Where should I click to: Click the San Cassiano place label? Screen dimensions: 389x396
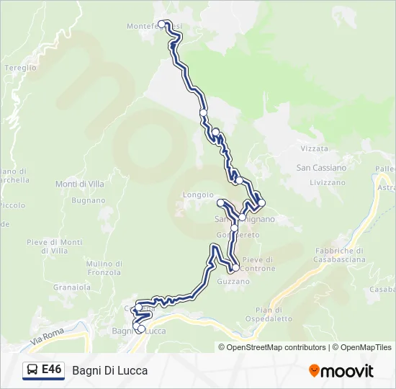[321, 168]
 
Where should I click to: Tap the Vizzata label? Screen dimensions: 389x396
[314, 148]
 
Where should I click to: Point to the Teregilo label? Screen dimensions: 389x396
[20, 68]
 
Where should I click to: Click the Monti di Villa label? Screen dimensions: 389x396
[79, 184]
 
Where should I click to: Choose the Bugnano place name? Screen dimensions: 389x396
[88, 200]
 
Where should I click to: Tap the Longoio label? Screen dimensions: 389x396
[198, 194]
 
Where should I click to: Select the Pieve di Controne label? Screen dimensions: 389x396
[258, 264]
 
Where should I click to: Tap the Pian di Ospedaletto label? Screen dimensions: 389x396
[269, 314]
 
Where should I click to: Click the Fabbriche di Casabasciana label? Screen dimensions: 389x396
[340, 255]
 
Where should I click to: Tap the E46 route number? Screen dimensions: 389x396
[51, 370]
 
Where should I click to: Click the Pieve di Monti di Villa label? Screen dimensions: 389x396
[54, 246]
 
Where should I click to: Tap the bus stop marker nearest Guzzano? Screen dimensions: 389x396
[235, 268]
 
